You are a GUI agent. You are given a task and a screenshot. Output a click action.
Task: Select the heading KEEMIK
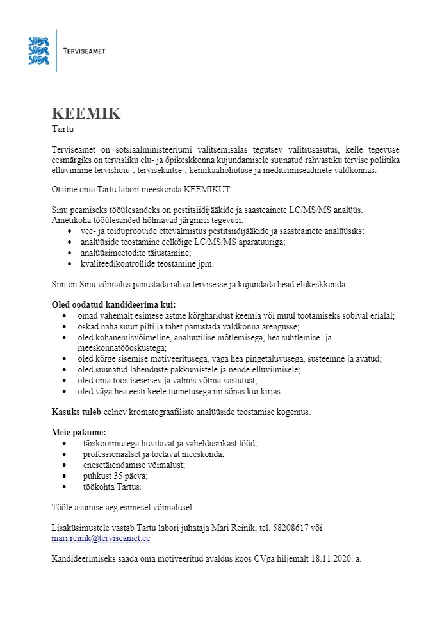(86, 114)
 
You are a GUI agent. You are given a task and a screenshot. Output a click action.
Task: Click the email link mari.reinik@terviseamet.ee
(101, 538)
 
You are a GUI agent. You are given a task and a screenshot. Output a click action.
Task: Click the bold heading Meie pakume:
(78, 432)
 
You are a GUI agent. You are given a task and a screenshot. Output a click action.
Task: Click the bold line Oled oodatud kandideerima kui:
(113, 304)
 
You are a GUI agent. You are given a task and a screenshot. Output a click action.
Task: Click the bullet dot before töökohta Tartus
(70, 487)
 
